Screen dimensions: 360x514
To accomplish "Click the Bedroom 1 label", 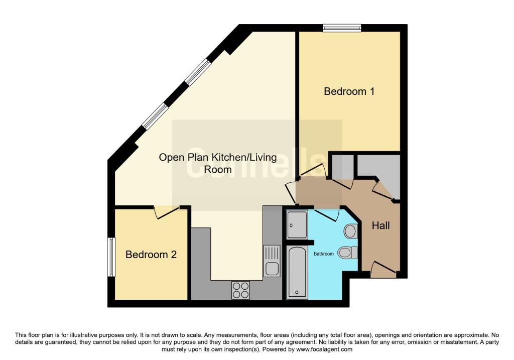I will (x=349, y=91).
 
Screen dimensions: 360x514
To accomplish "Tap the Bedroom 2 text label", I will (x=151, y=255).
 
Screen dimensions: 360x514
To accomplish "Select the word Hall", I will (x=380, y=226).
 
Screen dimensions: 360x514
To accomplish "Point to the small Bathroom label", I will (x=323, y=254).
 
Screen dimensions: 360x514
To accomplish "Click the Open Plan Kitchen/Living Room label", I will (x=218, y=163).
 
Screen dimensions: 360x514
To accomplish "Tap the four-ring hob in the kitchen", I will (x=240, y=290).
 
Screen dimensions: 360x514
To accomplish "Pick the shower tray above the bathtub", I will (x=297, y=224).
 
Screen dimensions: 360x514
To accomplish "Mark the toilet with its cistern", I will (x=347, y=252).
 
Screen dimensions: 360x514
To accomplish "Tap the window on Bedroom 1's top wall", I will (x=341, y=28).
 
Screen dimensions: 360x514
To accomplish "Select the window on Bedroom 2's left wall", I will (x=111, y=257).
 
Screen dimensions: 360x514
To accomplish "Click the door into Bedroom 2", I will (x=167, y=213).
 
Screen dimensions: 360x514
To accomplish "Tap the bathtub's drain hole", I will (x=297, y=292).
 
